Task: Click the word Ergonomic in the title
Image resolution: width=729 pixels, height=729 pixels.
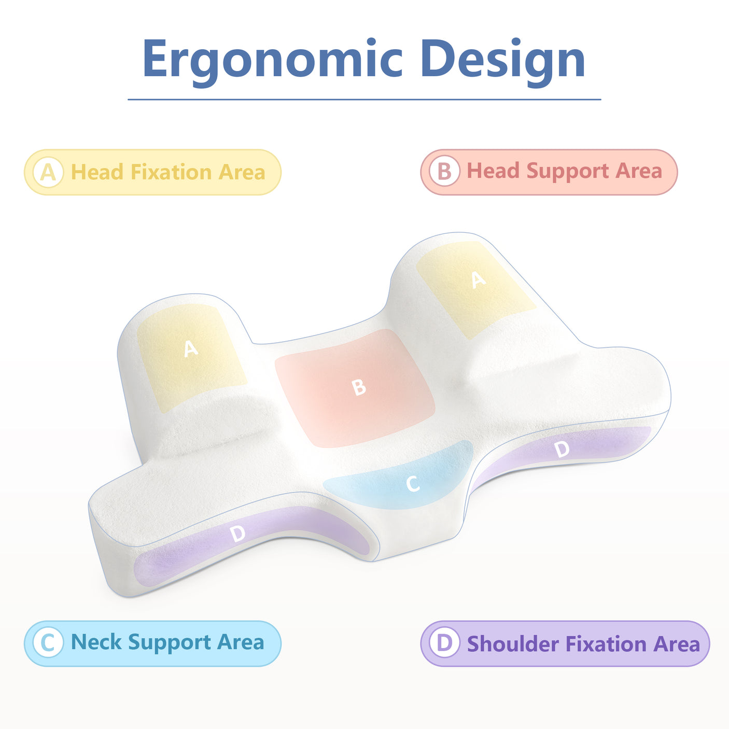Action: point(272,60)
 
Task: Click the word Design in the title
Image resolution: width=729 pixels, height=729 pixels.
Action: point(502,60)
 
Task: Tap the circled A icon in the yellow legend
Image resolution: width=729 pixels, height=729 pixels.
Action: point(48,172)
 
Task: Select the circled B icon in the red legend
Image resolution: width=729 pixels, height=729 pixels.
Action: point(444,171)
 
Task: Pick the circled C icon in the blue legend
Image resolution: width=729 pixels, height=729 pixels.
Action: point(48,643)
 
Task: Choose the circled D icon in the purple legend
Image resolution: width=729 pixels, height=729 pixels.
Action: point(444,643)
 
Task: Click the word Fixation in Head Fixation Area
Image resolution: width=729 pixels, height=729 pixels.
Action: point(171,172)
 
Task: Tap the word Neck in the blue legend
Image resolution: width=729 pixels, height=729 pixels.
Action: point(96,642)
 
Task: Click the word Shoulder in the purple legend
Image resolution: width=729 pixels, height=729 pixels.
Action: point(513,644)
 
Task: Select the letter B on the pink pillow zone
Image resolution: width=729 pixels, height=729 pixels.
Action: point(359,387)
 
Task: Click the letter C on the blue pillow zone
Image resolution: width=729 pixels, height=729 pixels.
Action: point(413,484)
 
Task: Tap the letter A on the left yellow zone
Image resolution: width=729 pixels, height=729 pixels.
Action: point(191,348)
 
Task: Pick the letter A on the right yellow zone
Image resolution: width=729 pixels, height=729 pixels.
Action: point(478,280)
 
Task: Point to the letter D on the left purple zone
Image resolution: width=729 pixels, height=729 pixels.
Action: point(237,533)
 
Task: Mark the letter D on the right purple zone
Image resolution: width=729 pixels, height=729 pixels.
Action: point(562,449)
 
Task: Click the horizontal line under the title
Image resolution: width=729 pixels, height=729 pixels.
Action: point(364,99)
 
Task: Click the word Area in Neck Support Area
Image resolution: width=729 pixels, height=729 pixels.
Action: point(241,642)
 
